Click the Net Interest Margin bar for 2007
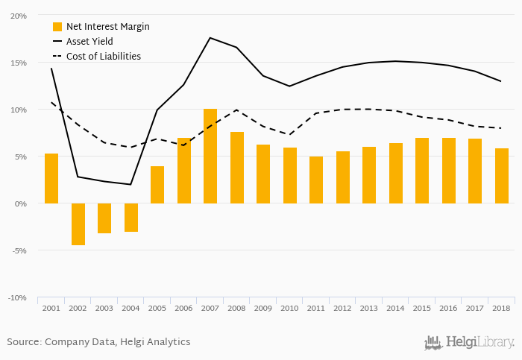(x=210, y=157)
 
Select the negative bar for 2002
(x=78, y=224)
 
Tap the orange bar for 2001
(x=51, y=178)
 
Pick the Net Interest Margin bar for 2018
(x=501, y=176)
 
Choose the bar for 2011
(x=316, y=180)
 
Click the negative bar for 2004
(x=131, y=217)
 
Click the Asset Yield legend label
(x=89, y=42)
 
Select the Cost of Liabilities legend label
(x=103, y=56)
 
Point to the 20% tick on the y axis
(x=19, y=16)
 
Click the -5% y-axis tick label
(x=19, y=250)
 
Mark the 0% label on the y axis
(x=22, y=203)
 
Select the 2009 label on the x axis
(x=263, y=308)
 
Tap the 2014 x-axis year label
(x=395, y=308)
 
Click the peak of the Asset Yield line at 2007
(x=210, y=37)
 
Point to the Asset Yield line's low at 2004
(x=131, y=184)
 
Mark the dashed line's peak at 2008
(x=236, y=110)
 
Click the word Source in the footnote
(x=24, y=342)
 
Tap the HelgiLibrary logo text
(x=479, y=343)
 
